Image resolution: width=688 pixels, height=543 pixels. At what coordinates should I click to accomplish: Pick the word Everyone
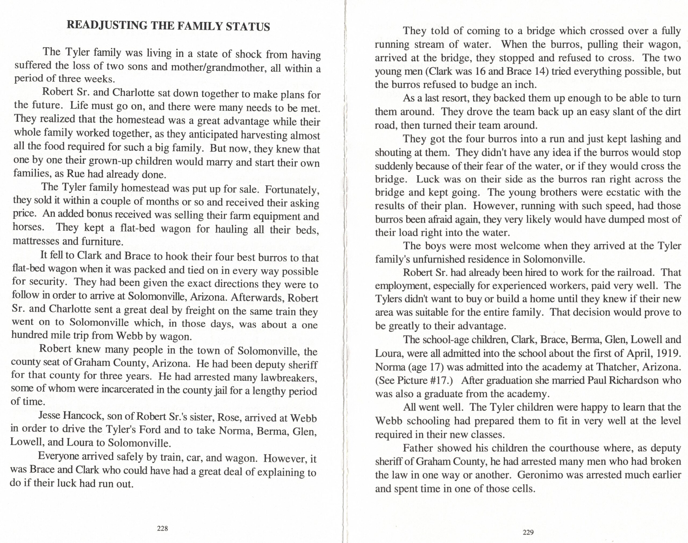[x=59, y=456]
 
